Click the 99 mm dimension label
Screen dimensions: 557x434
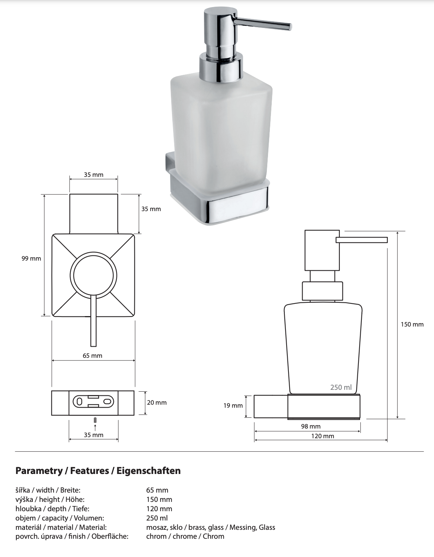point(31,258)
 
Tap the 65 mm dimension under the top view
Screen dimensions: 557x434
point(92,356)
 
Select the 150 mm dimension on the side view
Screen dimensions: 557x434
point(412,324)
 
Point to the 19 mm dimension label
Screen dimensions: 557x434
point(233,405)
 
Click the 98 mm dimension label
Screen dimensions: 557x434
point(310,426)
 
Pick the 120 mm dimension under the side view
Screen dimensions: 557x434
point(322,436)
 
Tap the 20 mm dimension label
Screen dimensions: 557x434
point(157,402)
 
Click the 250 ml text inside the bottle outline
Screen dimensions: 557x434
point(341,387)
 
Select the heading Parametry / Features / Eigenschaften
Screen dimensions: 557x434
point(98,471)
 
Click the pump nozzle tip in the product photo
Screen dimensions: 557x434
point(289,26)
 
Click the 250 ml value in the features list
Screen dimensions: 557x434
point(157,518)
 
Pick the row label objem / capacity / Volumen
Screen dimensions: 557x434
point(60,518)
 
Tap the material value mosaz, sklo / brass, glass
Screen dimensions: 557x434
point(211,527)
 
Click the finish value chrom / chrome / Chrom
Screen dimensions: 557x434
point(185,537)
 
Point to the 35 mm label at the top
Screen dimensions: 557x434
point(93,175)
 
